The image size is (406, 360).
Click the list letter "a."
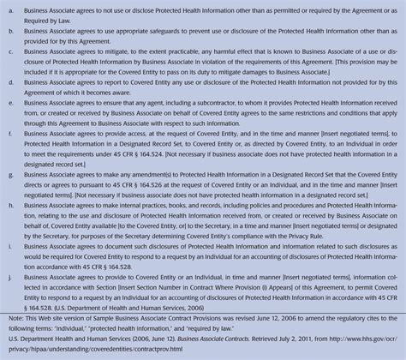pyautogui.click(x=11, y=9)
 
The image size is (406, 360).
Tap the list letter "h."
pyautogui.click(x=11, y=207)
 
